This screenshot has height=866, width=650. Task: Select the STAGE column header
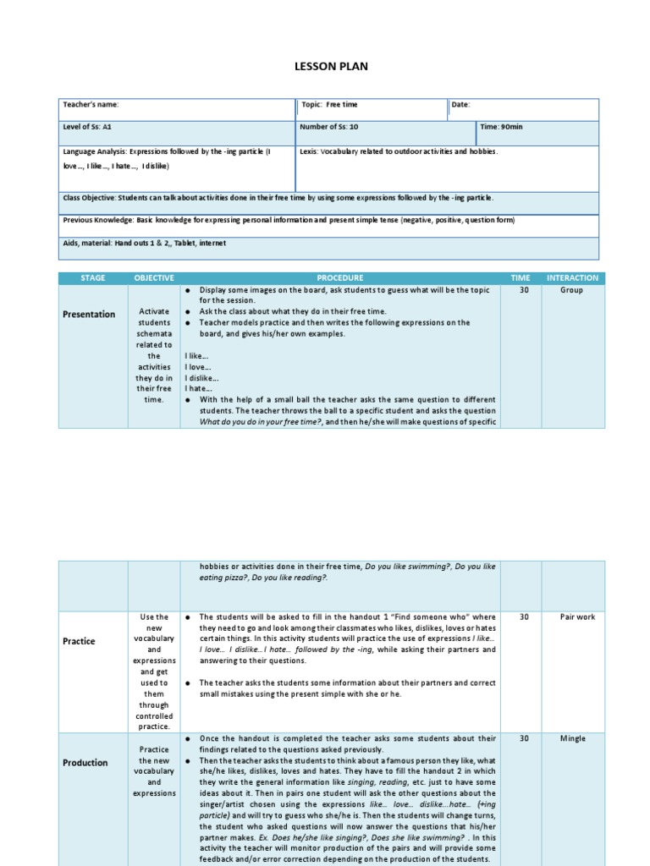pos(93,278)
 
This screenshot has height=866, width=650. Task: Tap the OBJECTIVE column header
pos(154,278)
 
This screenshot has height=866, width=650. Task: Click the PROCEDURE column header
pos(339,278)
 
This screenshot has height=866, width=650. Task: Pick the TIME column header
pos(521,278)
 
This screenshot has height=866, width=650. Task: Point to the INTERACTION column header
pos(572,278)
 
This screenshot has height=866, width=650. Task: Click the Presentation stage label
pos(89,315)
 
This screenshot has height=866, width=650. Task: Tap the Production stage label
pos(85,763)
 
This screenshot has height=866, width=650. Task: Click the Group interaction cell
pos(572,290)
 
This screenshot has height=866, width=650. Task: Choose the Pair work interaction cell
pos(577,617)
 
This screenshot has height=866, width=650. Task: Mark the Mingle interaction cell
pos(573,739)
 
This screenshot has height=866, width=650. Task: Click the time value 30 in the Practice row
pos(524,617)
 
